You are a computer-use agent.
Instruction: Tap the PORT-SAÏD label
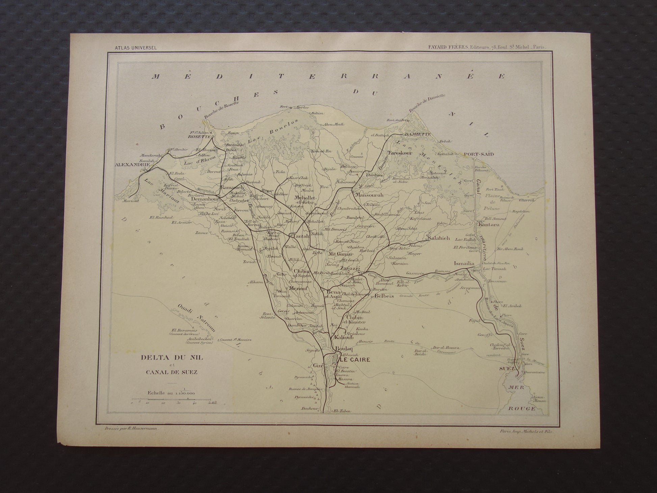tap(479, 154)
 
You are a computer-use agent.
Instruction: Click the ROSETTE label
tap(200, 137)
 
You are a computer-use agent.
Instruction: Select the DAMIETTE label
tap(418, 134)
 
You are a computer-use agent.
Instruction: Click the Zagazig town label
tap(349, 268)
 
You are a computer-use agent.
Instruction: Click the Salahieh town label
tap(438, 238)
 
